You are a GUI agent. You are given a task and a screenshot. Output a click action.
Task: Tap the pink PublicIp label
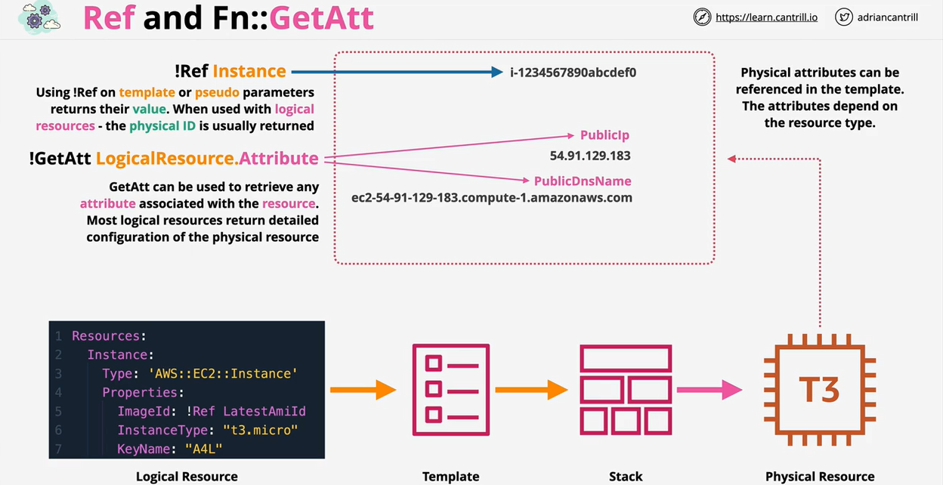(x=604, y=135)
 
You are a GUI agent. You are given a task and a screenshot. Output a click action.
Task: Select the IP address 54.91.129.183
(x=589, y=156)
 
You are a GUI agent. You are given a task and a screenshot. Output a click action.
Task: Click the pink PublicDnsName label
(x=583, y=181)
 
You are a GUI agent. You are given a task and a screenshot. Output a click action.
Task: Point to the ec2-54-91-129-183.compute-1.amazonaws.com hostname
(x=492, y=198)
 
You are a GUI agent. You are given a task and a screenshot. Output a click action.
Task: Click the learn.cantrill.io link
(x=766, y=17)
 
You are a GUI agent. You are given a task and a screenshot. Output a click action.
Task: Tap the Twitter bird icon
(x=844, y=17)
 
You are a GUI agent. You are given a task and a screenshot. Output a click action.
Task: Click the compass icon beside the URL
(x=702, y=17)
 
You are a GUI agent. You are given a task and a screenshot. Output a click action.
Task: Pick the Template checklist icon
(x=450, y=390)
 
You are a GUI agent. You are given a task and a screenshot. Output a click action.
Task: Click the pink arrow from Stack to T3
(x=710, y=390)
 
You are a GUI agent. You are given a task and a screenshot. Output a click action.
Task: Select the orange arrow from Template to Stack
(x=531, y=390)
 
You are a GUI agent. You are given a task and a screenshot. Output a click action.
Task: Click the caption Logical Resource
(x=187, y=476)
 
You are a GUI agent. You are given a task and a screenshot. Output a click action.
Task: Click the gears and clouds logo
(x=39, y=17)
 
